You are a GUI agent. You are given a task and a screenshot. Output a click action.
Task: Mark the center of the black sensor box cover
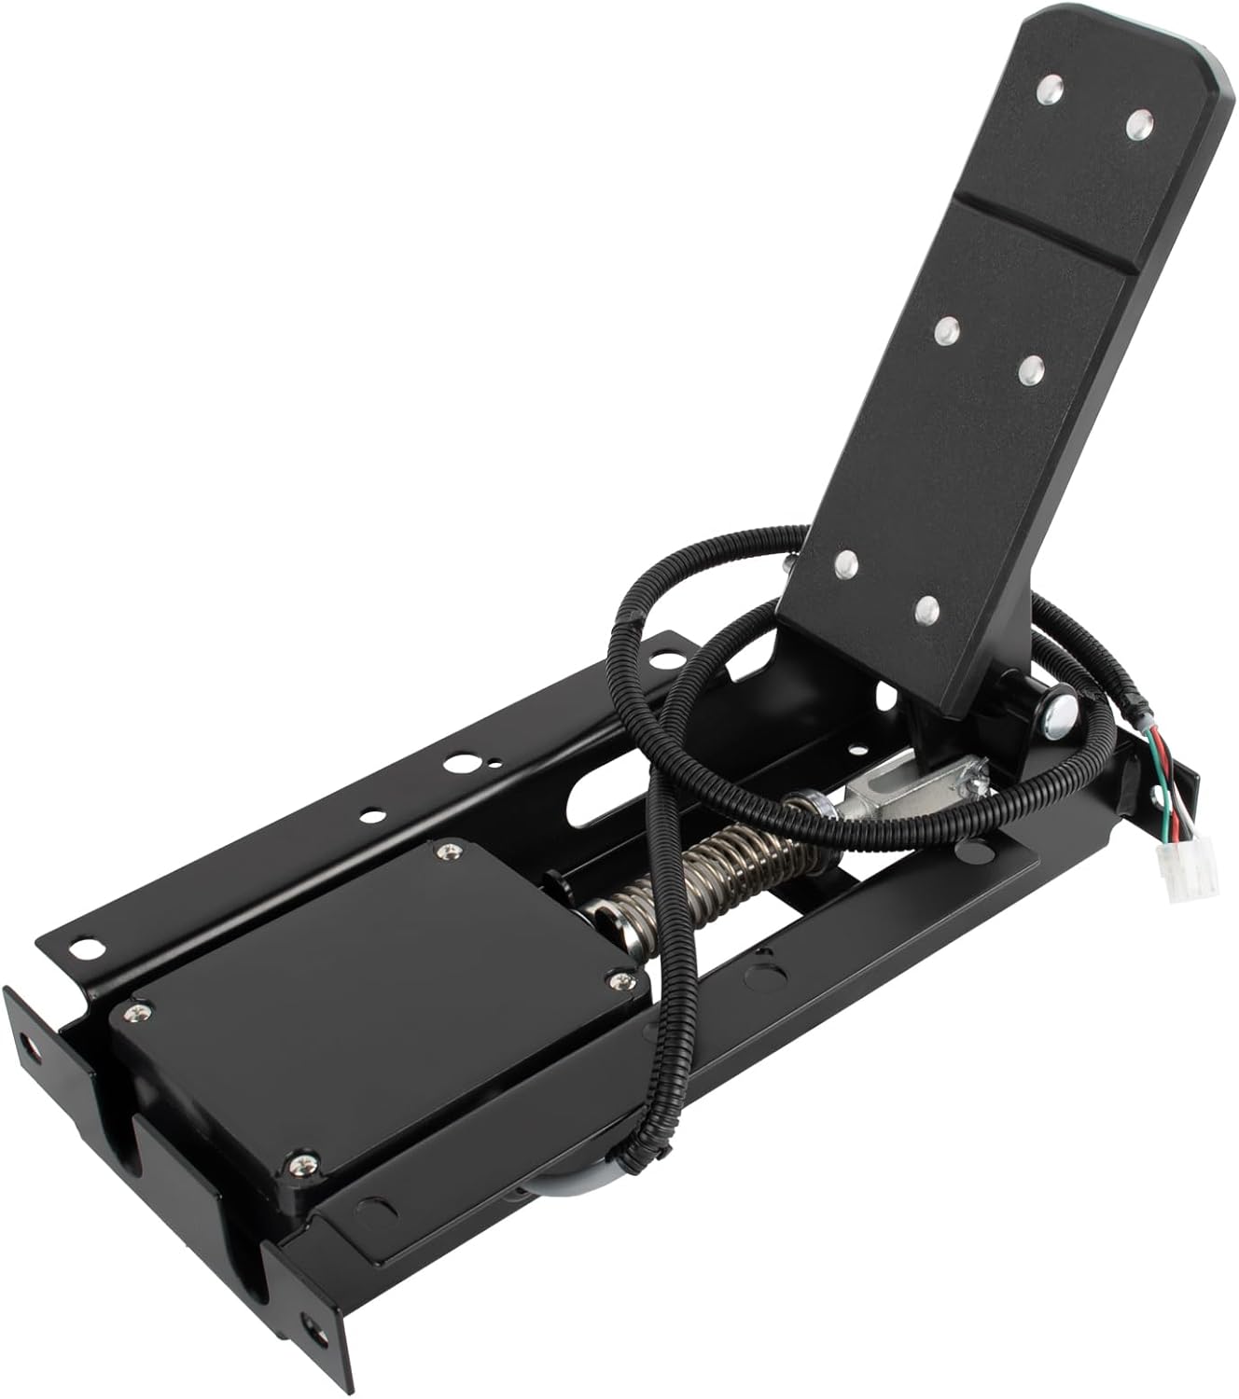(x=373, y=1007)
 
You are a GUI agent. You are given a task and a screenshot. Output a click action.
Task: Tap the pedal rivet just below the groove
(x=947, y=330)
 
